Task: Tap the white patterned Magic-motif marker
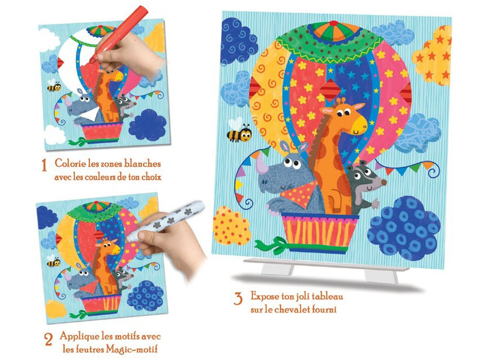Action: (x=165, y=221)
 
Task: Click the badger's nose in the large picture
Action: (x=384, y=182)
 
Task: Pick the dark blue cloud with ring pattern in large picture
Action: (x=404, y=229)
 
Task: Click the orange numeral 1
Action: (x=44, y=165)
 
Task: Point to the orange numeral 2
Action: (x=49, y=339)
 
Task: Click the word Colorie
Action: (x=70, y=163)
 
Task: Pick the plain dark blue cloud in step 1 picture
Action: (x=148, y=125)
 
